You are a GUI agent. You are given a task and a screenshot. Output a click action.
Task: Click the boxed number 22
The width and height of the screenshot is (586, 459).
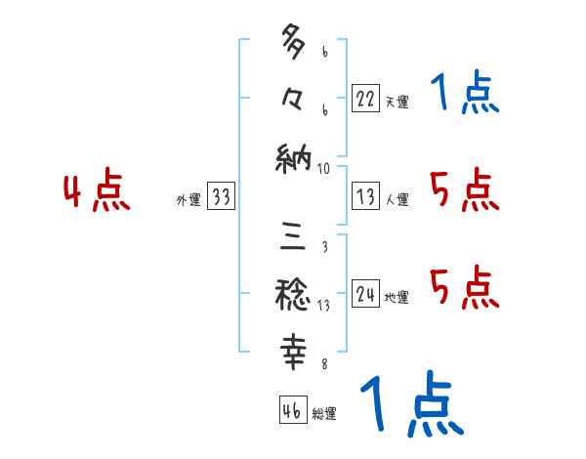[x=366, y=99]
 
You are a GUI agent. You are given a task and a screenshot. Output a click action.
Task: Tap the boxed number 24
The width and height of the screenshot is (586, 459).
[x=366, y=295]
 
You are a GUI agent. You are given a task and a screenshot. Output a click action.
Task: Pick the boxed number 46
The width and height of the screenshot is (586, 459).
[x=292, y=411]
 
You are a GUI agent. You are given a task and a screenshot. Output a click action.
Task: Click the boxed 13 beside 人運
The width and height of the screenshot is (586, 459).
[x=366, y=197]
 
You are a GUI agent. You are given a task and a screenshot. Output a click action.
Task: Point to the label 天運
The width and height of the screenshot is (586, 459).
[x=398, y=102]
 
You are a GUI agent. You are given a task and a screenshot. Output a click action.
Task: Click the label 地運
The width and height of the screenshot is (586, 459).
[x=398, y=298]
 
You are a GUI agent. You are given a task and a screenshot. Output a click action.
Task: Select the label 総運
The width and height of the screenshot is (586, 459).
[x=325, y=414]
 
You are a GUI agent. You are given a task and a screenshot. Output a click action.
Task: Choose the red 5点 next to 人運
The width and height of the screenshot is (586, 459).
[x=464, y=189]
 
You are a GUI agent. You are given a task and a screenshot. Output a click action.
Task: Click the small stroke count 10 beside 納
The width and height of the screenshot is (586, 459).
[x=325, y=169]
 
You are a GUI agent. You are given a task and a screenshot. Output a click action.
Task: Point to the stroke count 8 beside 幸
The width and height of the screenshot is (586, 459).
[x=324, y=365]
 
